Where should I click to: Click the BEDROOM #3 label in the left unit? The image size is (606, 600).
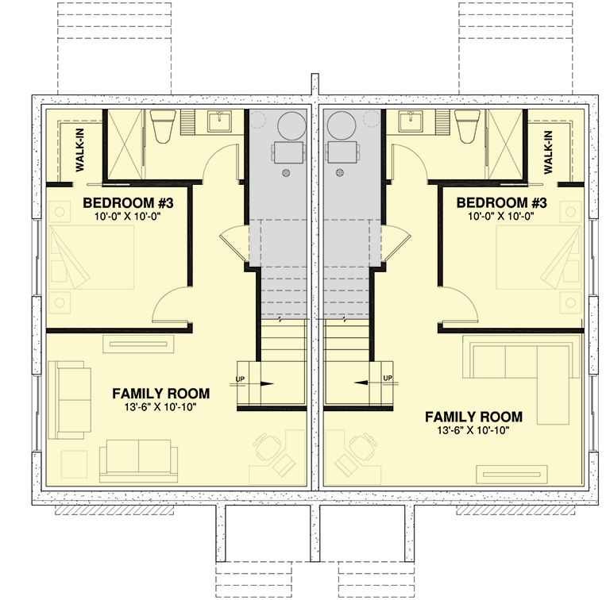click(129, 202)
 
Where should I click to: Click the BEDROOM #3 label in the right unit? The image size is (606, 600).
click(502, 202)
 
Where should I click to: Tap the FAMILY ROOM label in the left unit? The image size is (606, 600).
click(160, 393)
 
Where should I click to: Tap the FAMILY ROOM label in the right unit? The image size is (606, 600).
click(473, 416)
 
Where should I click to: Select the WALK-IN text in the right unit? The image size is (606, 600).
click(549, 152)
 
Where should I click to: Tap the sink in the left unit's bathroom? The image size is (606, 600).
click(218, 121)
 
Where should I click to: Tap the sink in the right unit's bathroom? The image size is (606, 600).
click(411, 121)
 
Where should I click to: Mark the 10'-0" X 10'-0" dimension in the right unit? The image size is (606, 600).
click(502, 215)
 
